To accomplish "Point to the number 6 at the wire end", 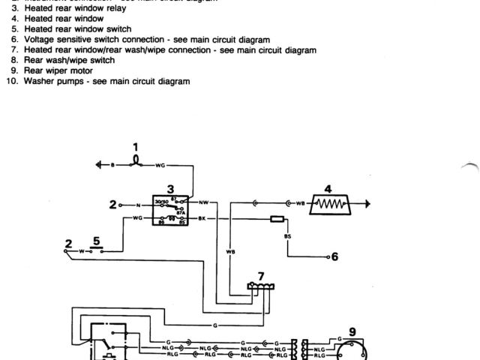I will (334, 256).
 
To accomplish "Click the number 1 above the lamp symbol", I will (136, 145).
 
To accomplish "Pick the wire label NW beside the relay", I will (203, 202).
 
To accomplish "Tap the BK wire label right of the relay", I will (202, 217).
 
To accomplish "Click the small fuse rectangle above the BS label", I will (276, 220).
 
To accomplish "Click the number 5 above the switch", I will (95, 241).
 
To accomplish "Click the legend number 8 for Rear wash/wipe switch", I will (14, 59).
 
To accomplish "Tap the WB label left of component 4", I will (300, 203).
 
